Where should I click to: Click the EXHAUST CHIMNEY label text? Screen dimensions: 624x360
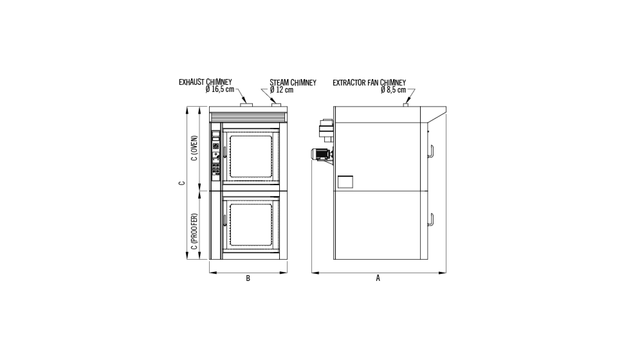(x=205, y=82)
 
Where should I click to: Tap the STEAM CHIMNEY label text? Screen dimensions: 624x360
(x=293, y=83)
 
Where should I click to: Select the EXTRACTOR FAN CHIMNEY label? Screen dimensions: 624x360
(x=369, y=83)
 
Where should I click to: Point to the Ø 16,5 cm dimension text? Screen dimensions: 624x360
(x=220, y=89)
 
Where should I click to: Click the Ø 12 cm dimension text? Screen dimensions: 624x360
(x=282, y=90)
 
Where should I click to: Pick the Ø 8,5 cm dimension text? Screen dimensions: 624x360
(x=393, y=90)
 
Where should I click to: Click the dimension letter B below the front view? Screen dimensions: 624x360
(x=248, y=278)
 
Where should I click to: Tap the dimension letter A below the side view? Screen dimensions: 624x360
(x=378, y=278)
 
